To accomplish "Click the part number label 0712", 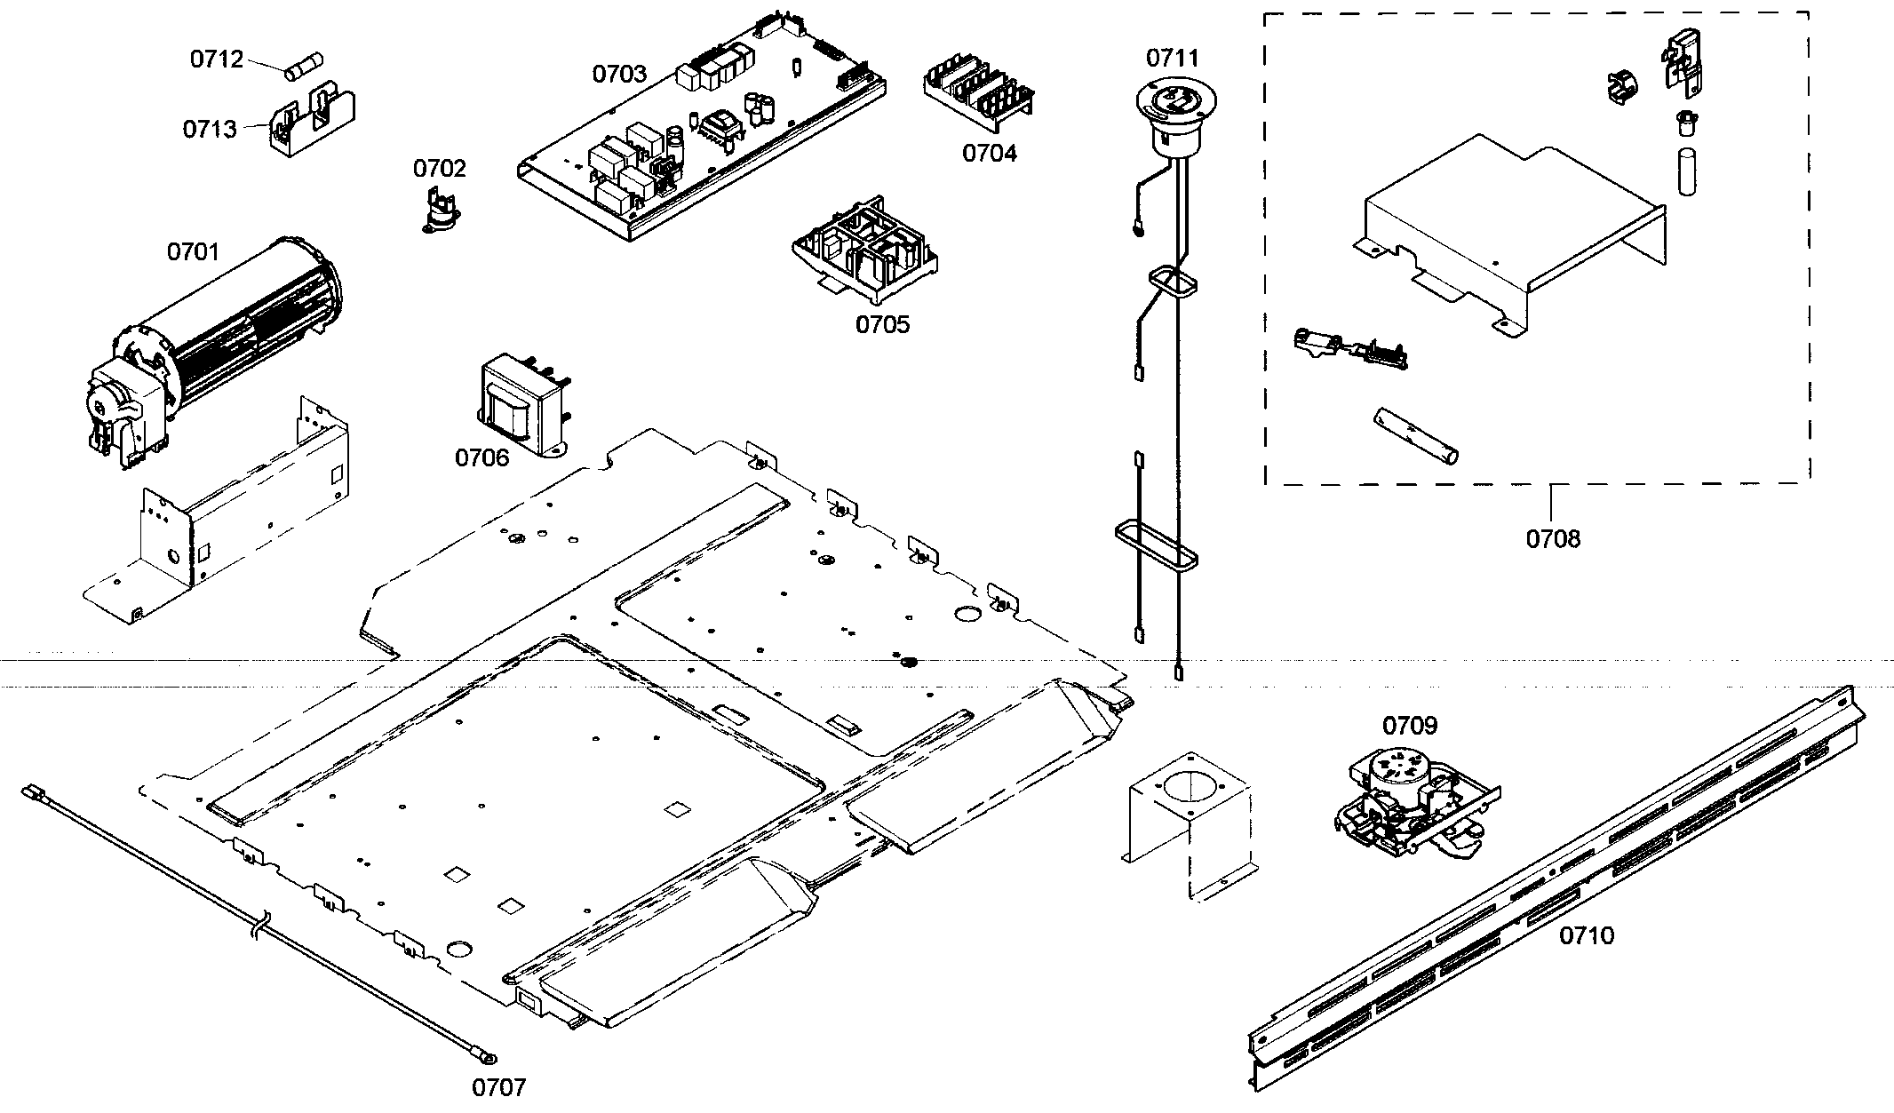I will coord(216,60).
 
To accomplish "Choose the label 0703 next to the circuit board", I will coord(619,74).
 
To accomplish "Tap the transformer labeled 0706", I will coord(522,406).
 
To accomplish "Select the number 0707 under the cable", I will coord(498,1087).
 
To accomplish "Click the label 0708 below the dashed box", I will coord(1553,539).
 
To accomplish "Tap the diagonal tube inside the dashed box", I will coord(1416,436).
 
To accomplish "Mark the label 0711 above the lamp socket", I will coord(1172,59).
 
